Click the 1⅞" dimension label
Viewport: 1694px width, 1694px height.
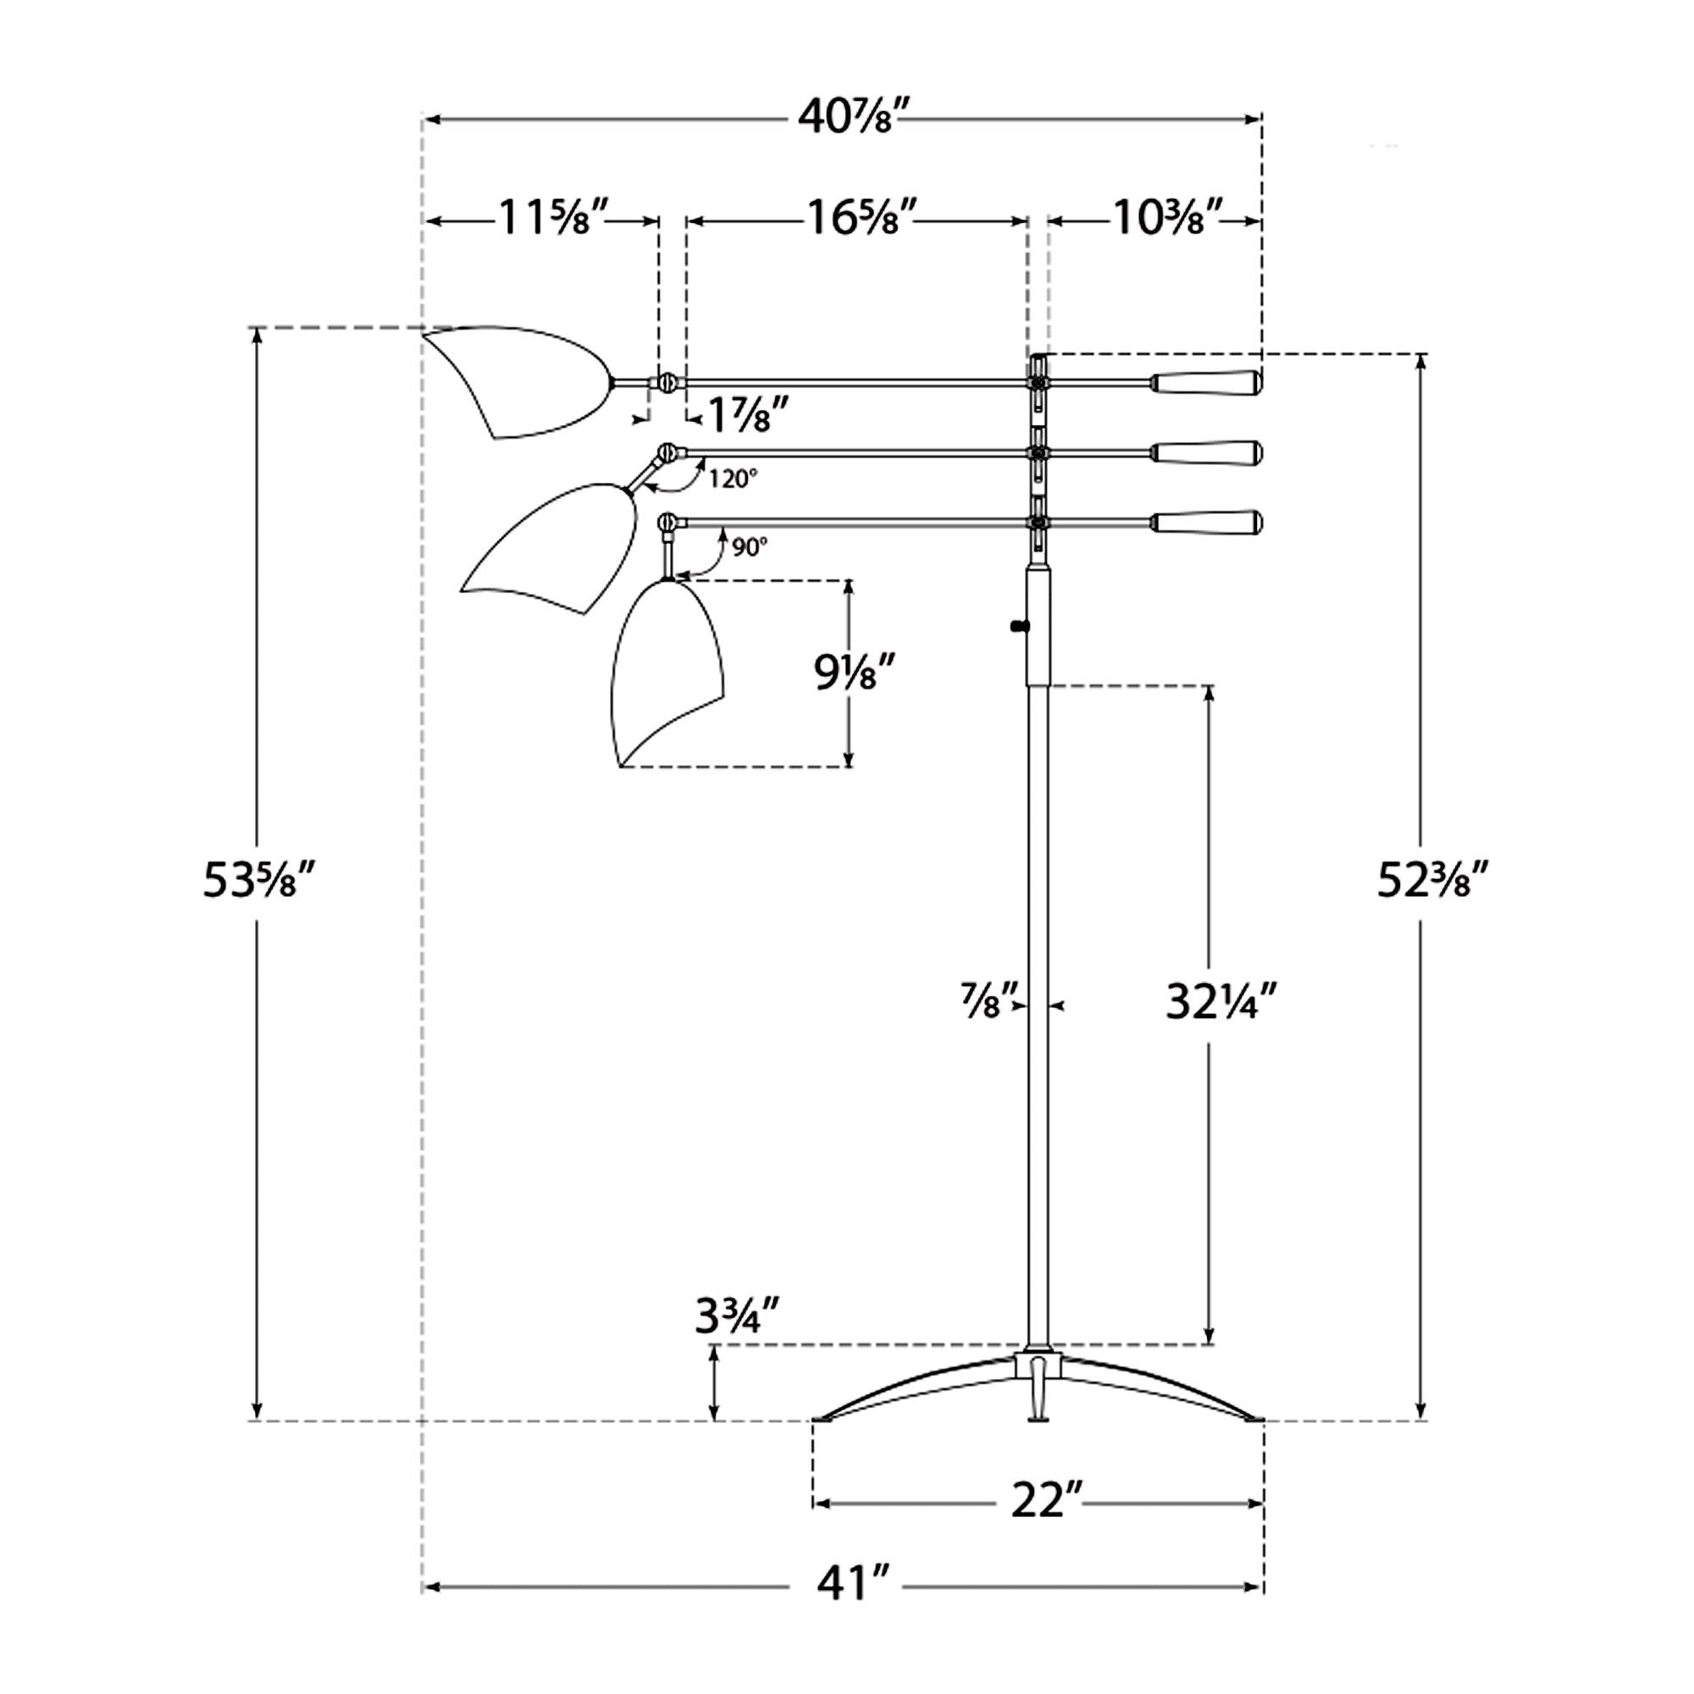coord(740,415)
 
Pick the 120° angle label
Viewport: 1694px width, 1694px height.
coord(733,479)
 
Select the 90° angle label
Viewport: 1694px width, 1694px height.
coord(750,547)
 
